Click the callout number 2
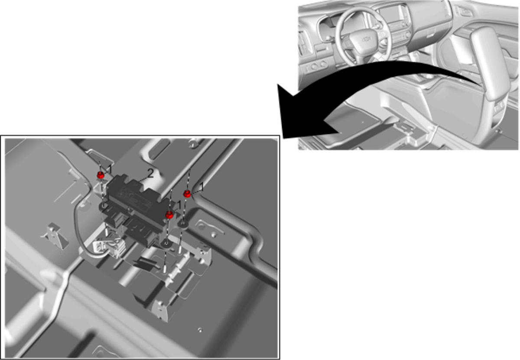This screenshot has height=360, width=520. click(x=150, y=173)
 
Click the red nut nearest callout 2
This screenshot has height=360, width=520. click(x=101, y=175)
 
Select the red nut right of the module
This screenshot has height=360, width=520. click(x=187, y=194)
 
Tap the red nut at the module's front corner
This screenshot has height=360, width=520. click(x=169, y=215)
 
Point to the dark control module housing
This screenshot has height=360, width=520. click(x=137, y=209)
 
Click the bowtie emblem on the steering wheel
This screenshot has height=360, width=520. click(x=367, y=39)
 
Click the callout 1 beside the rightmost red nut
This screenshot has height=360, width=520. click(x=201, y=187)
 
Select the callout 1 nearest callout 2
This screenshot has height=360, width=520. click(x=110, y=169)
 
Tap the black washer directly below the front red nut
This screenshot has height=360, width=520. click(x=166, y=243)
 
